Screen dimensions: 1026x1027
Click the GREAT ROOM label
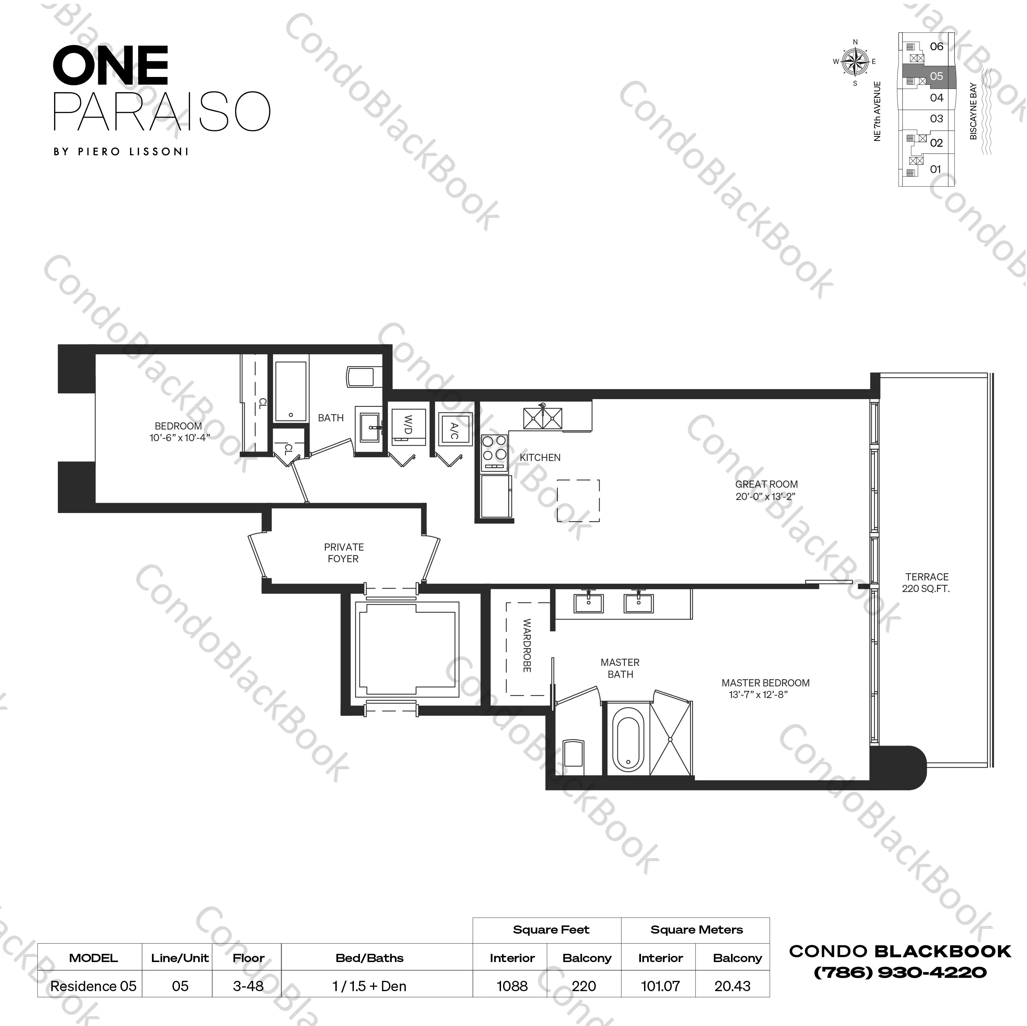pos(766,484)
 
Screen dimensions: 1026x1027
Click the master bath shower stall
pos(671,739)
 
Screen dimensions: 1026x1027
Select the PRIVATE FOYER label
pos(343,553)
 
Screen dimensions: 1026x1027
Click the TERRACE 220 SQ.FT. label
pos(926,582)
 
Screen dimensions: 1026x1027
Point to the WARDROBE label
pos(527,646)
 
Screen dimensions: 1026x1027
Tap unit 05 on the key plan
pos(936,77)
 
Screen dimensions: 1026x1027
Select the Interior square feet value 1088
pos(512,986)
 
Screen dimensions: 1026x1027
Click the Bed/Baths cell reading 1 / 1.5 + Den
pos(370,986)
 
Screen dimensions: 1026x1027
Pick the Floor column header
pos(248,958)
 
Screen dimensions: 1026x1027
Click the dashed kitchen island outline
pos(578,500)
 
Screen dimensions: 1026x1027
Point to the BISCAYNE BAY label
pos(973,111)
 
